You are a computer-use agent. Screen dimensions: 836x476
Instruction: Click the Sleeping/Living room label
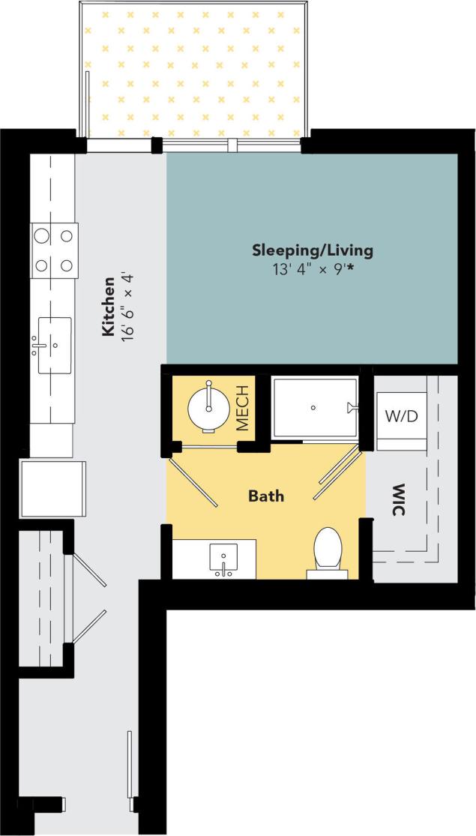312,250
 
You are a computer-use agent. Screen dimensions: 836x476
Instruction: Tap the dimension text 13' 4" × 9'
307,268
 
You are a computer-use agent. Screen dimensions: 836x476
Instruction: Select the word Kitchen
108,306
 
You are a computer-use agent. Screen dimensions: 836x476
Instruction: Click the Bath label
266,496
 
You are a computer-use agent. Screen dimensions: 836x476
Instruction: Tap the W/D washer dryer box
401,416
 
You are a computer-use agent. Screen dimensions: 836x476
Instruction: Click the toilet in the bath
328,550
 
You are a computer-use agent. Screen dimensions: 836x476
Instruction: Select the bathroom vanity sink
223,559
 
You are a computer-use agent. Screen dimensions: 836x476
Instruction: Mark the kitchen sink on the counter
54,346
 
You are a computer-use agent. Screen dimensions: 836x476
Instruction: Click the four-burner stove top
54,250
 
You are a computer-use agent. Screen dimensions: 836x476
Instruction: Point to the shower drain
313,407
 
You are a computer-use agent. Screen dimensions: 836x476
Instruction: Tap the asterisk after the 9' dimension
349,267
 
